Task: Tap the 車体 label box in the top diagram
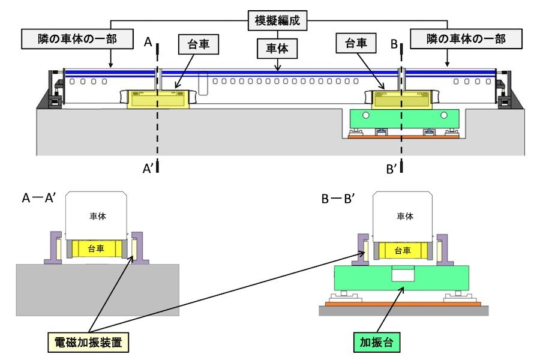(278, 49)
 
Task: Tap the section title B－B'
(338, 199)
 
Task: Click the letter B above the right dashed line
(394, 43)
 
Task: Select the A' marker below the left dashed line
(148, 169)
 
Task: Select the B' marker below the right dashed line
(392, 169)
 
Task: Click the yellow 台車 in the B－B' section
(403, 250)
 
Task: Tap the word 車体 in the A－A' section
(97, 217)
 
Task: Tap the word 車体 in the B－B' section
(403, 217)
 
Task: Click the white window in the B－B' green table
(403, 275)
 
